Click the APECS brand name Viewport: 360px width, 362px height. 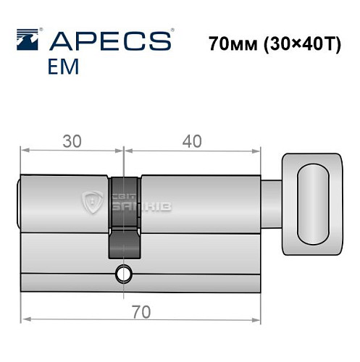[109, 40]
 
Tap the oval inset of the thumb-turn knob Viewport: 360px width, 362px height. [314, 203]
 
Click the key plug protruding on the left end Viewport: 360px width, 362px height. [20, 205]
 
